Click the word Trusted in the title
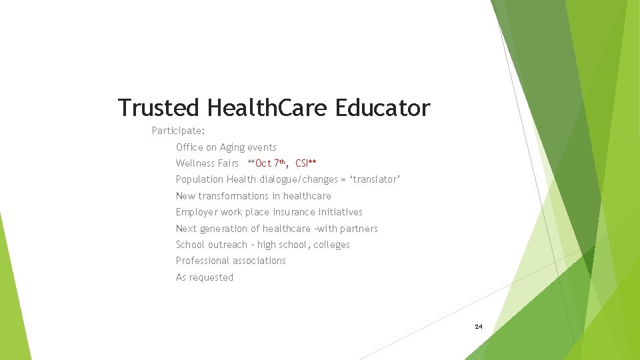point(158,107)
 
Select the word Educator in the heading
point(383,107)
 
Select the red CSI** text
point(305,163)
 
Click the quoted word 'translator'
point(375,179)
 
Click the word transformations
point(239,196)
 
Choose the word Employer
point(197,212)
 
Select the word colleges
point(331,245)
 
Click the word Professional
point(201,261)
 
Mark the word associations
point(257,261)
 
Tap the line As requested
point(205,277)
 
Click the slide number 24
point(478,327)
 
